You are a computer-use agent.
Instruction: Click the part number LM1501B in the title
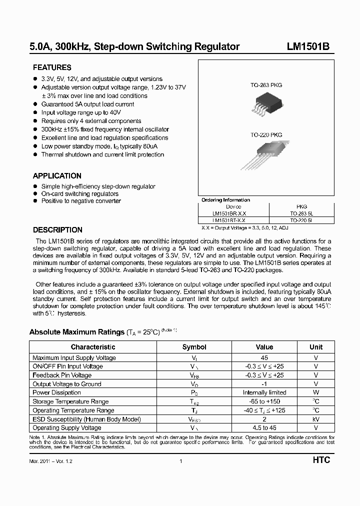(307, 47)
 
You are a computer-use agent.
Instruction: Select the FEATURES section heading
(52, 67)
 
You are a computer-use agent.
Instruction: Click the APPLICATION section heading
(57, 176)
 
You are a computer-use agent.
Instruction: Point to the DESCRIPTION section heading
(57, 230)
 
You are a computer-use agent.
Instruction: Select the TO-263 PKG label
(266, 85)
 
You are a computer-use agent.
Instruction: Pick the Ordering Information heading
(225, 200)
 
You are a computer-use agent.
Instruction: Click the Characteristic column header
(93, 347)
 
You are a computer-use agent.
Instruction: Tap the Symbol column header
(194, 347)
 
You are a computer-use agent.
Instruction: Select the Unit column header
(316, 347)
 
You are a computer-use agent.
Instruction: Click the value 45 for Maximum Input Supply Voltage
(264, 357)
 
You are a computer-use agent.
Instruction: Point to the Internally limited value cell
(264, 392)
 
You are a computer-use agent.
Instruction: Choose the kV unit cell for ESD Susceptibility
(316, 419)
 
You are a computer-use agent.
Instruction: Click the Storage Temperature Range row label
(70, 401)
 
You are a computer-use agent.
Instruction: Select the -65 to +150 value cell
(264, 401)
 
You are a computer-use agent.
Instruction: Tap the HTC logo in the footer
(321, 460)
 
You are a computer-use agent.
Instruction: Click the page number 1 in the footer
(180, 461)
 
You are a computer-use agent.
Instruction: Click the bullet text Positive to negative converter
(81, 201)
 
